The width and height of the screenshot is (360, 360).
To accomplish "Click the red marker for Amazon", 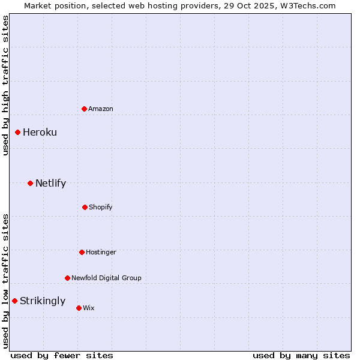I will pyautogui.click(x=84, y=109).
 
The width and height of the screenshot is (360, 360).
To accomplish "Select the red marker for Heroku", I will pyautogui.click(x=18, y=132).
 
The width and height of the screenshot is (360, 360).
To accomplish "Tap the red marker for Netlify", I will pyautogui.click(x=30, y=183).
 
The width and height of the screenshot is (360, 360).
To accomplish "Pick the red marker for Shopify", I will pyautogui.click(x=85, y=207).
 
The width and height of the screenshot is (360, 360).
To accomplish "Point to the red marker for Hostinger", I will pyautogui.click(x=82, y=252).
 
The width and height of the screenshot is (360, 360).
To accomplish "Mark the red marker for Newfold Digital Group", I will pyautogui.click(x=67, y=278).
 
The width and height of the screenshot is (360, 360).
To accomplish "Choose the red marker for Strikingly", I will pyautogui.click(x=15, y=301).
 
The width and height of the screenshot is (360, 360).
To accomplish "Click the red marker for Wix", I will pyautogui.click(x=79, y=308).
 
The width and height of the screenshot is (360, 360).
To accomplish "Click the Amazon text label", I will pyautogui.click(x=101, y=109).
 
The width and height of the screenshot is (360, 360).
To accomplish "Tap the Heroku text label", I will pyautogui.click(x=40, y=132).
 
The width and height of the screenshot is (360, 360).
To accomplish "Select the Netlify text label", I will pyautogui.click(x=50, y=183).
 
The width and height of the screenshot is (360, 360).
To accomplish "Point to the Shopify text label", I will pyautogui.click(x=101, y=207).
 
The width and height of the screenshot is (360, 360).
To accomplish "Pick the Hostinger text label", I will pyautogui.click(x=101, y=252).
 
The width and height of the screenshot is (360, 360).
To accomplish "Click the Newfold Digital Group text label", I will pyautogui.click(x=106, y=278).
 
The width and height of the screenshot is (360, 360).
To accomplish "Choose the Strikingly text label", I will pyautogui.click(x=43, y=301).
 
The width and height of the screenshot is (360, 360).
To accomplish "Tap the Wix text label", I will pyautogui.click(x=89, y=308).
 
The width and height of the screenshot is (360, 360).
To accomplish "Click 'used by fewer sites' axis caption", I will pyautogui.click(x=62, y=355).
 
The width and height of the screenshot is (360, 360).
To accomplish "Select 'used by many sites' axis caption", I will pyautogui.click(x=301, y=355).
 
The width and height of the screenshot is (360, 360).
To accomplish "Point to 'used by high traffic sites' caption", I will pyautogui.click(x=5, y=85).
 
